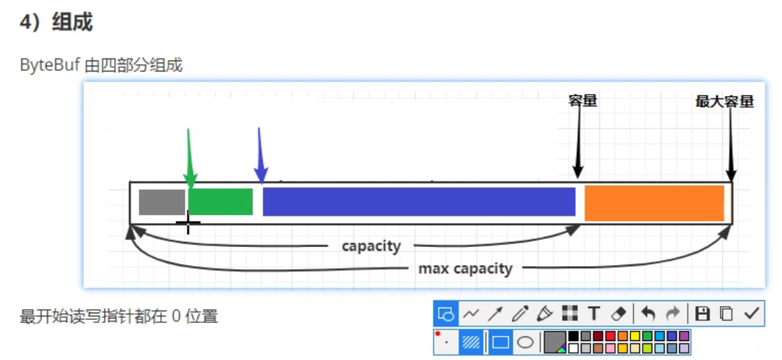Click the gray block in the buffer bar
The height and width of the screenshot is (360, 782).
(162, 202)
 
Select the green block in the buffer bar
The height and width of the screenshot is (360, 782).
(220, 202)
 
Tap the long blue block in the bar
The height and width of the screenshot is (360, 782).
(418, 202)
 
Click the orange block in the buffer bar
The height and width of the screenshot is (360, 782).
(654, 203)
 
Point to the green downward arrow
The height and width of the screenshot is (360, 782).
(189, 157)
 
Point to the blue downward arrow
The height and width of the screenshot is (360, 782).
(260, 155)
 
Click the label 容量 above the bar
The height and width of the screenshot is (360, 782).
(582, 101)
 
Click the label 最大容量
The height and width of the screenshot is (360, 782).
(724, 102)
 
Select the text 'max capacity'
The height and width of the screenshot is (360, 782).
(465, 269)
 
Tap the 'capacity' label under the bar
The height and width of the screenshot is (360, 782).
(371, 246)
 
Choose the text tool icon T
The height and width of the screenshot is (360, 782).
(593, 314)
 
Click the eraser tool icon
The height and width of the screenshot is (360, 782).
(617, 314)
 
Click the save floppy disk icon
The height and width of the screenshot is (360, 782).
(702, 314)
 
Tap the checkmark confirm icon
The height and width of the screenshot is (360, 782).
(751, 314)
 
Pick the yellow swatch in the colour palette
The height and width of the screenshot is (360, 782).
(635, 337)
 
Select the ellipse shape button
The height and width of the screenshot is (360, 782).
(525, 342)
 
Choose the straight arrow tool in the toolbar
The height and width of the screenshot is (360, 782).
(495, 314)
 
